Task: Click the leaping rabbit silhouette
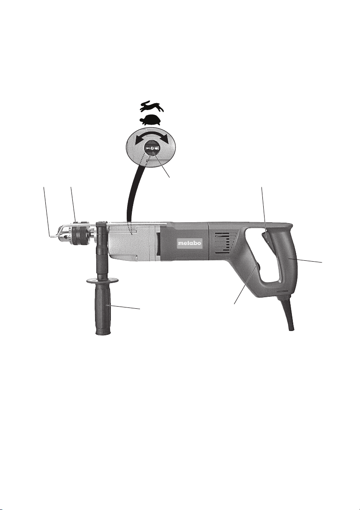(152, 106)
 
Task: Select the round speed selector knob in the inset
(152, 147)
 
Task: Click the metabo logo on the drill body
(190, 243)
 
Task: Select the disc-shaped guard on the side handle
(102, 280)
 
